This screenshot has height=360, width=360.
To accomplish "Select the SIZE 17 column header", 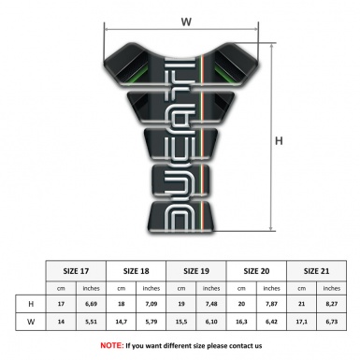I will [77, 270].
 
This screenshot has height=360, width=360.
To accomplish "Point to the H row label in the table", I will [32, 304].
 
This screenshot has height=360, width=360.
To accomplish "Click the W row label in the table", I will [32, 323].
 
